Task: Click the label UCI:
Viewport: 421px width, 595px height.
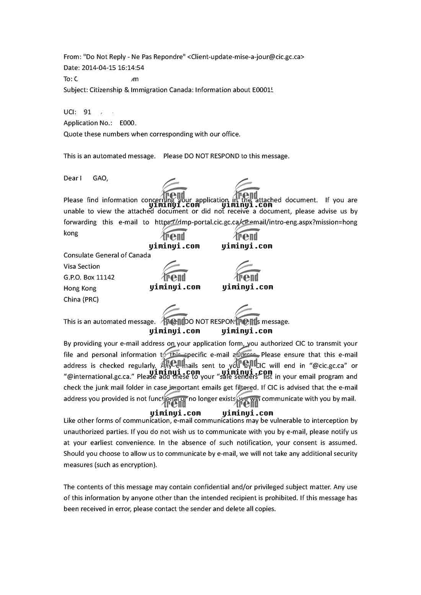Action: [x=70, y=112]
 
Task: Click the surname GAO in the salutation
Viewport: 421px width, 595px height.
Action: [x=100, y=178]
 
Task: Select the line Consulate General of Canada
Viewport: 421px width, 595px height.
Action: [x=107, y=255]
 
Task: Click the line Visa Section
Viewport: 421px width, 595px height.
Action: [x=82, y=267]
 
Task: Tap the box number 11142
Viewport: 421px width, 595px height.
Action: [x=105, y=278]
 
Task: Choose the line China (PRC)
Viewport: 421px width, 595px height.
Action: [x=81, y=299]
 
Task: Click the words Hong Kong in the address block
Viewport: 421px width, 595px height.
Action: [x=80, y=289]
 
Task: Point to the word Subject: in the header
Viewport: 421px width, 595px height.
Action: [x=76, y=90]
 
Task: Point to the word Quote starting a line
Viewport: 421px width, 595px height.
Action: [x=72, y=134]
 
